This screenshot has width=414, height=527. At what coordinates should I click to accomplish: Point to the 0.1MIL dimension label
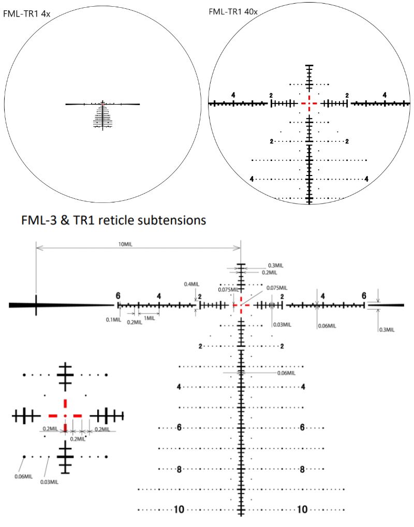pos(113,319)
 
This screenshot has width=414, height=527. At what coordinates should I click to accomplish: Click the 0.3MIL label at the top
pos(276,265)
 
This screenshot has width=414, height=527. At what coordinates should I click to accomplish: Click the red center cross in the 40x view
pos(309,104)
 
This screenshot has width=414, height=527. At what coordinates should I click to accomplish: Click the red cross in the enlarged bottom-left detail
pos(65,415)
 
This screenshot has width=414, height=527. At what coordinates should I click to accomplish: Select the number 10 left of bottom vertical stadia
pos(179,510)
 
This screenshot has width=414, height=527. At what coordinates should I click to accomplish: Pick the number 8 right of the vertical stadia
pos(302,470)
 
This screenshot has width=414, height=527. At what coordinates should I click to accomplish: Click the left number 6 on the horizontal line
pos(118,295)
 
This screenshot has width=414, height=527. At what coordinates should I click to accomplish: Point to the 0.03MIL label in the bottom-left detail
pos(49,481)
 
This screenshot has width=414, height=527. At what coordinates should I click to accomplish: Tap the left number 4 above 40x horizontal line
pos(233,95)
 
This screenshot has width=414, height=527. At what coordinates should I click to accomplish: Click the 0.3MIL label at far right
pos(387,329)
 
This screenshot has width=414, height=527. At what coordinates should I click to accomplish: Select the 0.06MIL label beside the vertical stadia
pos(286,373)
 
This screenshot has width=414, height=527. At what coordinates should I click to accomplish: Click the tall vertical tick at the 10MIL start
pos(36,305)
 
